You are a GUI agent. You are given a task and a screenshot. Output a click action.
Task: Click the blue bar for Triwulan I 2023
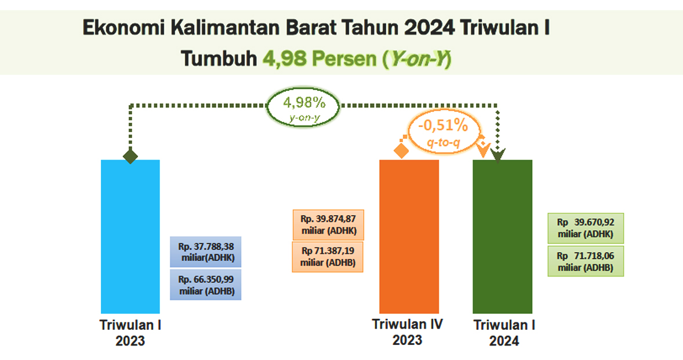tap(130, 237)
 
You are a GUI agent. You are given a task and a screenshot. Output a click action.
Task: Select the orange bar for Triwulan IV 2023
tap(409, 237)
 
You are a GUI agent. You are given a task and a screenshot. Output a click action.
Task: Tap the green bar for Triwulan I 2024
tap(502, 237)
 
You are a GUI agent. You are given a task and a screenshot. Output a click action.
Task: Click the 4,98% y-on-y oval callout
tap(303, 107)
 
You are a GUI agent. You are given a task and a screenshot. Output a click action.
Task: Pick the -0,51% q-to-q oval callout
tap(444, 131)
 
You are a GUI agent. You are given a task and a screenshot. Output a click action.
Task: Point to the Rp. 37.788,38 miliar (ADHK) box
tap(206, 252)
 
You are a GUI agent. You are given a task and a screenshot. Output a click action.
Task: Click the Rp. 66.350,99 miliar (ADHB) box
tap(206, 285)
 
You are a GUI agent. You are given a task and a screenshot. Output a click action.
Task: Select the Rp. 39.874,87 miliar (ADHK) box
tap(328, 224)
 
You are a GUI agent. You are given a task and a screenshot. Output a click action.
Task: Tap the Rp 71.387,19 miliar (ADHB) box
tap(328, 257)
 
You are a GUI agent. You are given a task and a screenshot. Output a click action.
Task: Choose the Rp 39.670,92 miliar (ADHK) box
tap(586, 228)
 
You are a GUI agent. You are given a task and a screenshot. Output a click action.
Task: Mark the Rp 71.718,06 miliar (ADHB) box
tap(586, 261)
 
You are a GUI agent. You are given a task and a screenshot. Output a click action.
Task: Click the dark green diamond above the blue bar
tap(130, 156)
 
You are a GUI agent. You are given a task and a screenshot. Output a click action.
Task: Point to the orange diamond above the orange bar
tap(401, 151)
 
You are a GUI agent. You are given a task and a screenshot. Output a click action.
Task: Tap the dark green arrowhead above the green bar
tap(498, 155)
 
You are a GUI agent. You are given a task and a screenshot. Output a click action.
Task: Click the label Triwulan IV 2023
tap(407, 332)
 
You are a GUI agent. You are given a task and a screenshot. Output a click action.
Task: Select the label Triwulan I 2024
tap(504, 333)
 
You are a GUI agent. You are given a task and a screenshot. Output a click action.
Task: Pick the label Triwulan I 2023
tap(130, 333)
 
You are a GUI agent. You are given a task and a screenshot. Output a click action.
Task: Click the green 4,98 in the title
tap(285, 59)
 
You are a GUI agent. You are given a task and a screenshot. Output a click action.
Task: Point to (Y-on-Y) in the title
tap(417, 59)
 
